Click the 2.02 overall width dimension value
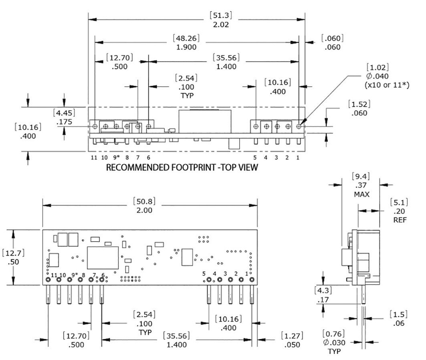click(220, 25)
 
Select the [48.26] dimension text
click(186, 38)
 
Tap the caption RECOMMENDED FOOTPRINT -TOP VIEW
click(182, 168)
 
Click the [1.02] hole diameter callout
click(376, 67)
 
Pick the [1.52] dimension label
click(359, 104)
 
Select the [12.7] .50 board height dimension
click(12, 257)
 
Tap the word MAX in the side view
click(361, 194)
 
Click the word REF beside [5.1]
click(400, 219)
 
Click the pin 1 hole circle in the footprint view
click(299, 126)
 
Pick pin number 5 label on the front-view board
click(204, 273)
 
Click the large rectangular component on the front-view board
click(103, 258)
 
